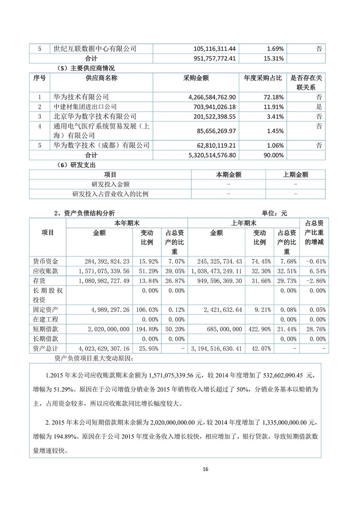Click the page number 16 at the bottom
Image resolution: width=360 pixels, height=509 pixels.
[205, 469]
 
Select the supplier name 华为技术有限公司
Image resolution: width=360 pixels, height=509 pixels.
[81, 97]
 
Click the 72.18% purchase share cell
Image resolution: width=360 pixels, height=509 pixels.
[275, 97]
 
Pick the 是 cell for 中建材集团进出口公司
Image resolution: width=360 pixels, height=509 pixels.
[319, 107]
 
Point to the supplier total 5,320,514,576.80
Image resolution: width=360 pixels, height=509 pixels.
[212, 155]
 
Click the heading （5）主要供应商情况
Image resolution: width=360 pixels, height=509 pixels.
[85, 68]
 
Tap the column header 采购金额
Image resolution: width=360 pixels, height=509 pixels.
[196, 78]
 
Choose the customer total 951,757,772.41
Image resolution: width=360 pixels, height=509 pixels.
[214, 58]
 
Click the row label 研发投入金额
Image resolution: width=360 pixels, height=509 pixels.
[110, 184]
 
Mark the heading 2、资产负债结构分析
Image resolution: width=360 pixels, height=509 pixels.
[84, 213]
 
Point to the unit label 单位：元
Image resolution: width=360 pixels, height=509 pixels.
[274, 213]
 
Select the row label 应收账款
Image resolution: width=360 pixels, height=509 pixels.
[45, 271]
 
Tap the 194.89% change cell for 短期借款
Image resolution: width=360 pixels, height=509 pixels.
[147, 329]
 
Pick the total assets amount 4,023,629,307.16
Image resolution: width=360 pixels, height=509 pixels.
[104, 349]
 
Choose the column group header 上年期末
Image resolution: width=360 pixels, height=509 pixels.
[243, 223]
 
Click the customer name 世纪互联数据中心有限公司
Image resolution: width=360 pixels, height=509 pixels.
[95, 49]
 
